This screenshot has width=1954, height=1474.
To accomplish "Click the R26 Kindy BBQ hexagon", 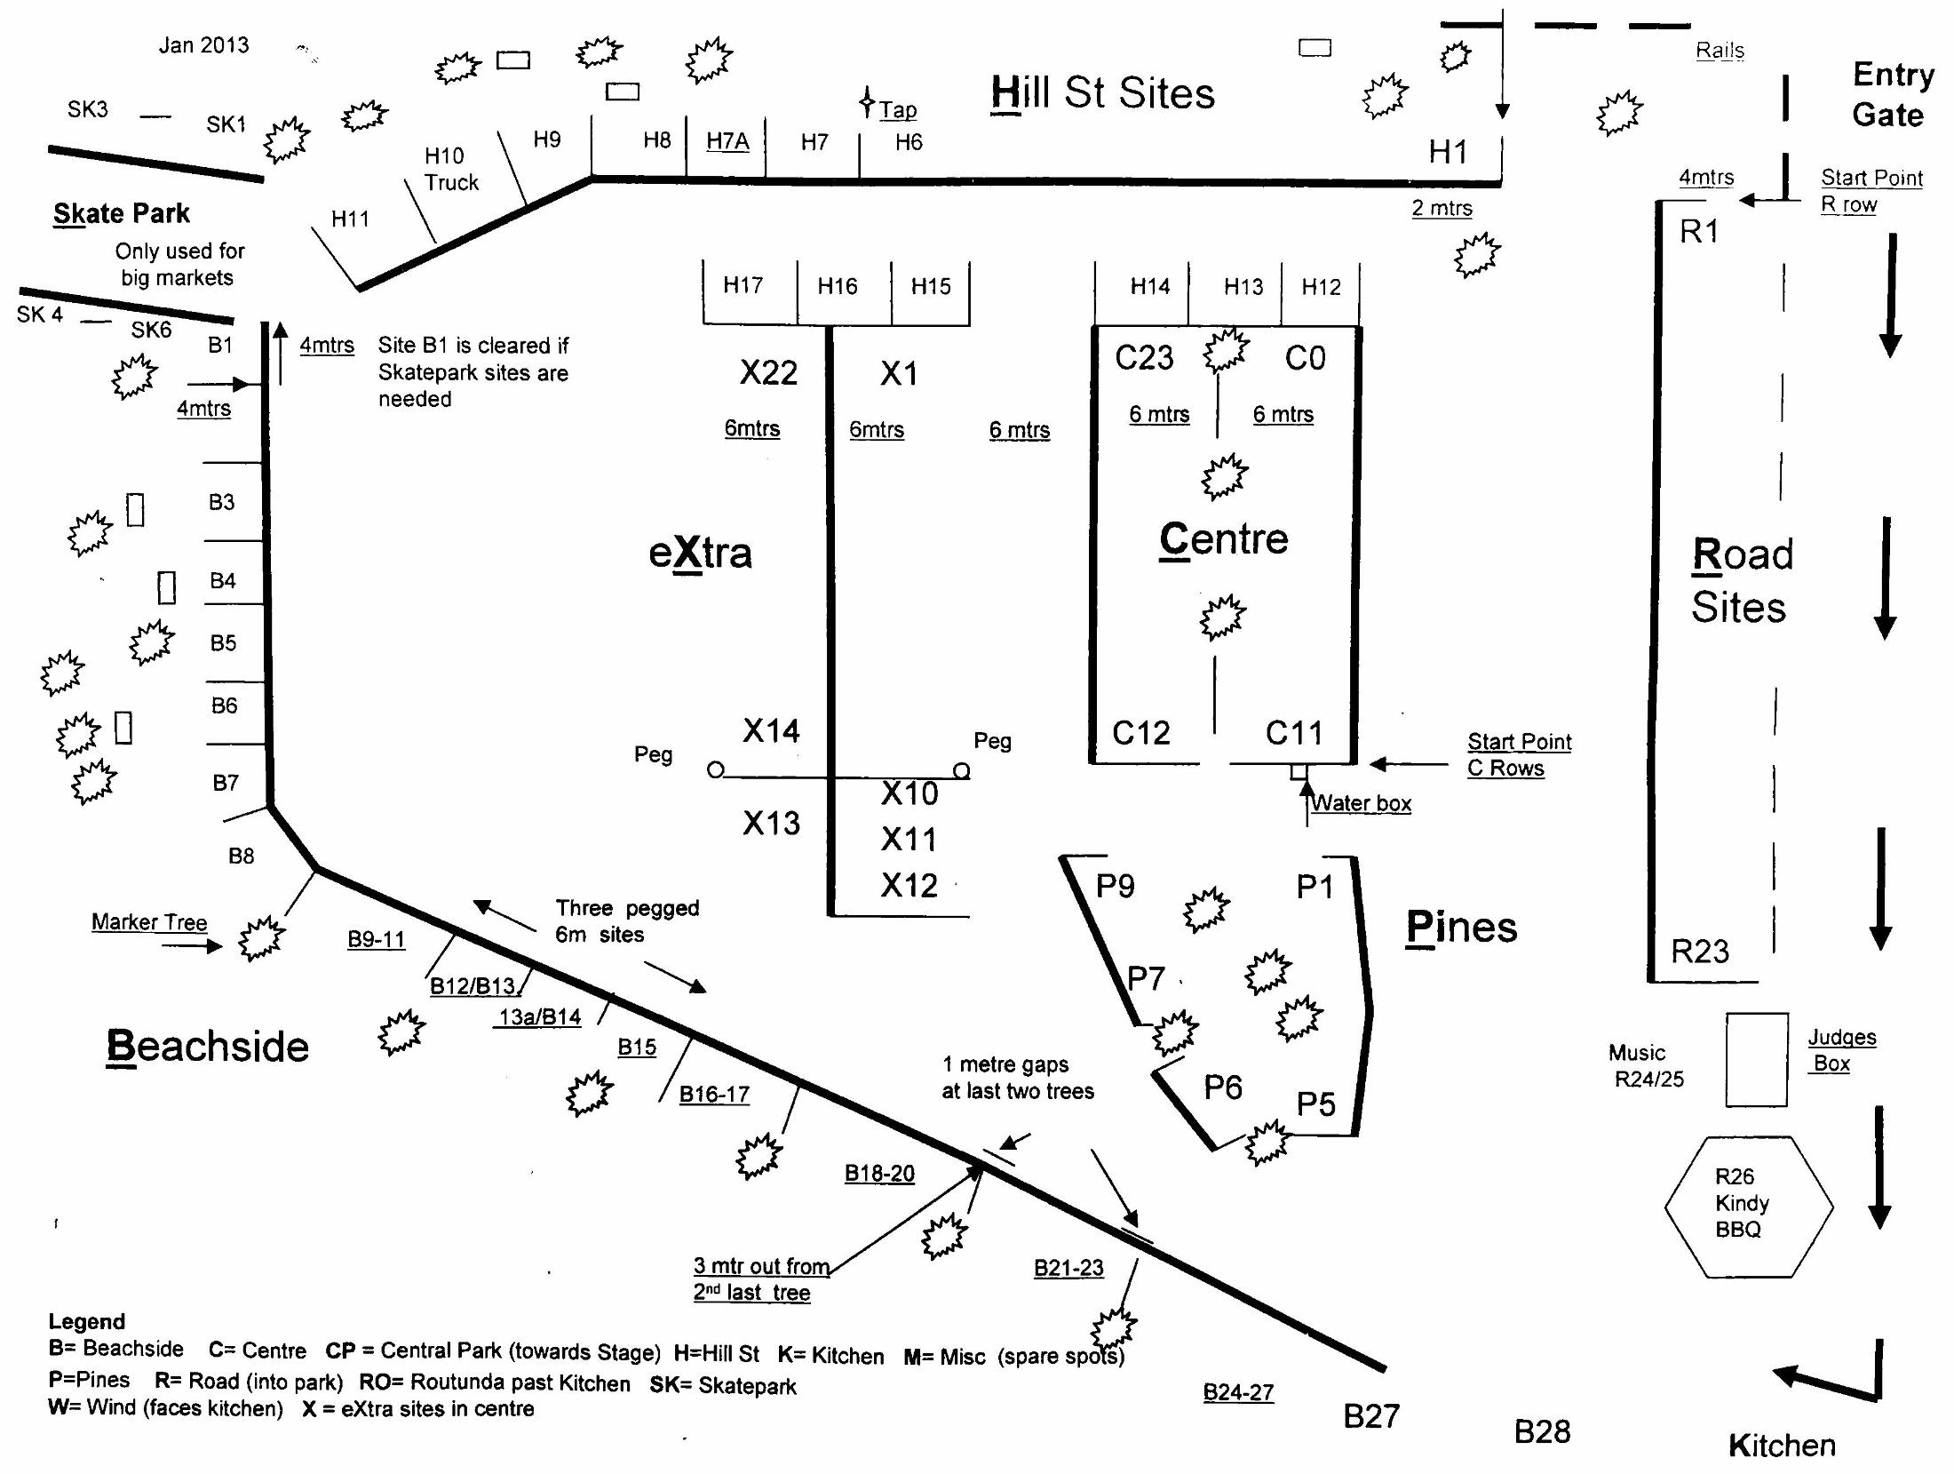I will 1747,1205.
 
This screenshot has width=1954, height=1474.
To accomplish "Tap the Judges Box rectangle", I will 1756,1059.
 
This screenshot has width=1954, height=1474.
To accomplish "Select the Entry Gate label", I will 1892,94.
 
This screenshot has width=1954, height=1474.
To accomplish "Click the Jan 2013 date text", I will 203,45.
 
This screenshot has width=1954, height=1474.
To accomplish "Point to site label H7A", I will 727,141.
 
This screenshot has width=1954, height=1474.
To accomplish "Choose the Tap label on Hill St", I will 897,110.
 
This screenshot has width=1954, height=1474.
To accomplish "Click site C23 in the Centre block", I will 1144,358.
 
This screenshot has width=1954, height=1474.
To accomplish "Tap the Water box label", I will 1361,803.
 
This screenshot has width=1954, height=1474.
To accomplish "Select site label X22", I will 768,373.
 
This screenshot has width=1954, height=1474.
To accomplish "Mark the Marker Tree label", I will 149,922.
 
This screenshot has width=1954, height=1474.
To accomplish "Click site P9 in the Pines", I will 1115,886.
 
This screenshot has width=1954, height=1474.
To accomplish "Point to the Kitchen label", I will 1782,1446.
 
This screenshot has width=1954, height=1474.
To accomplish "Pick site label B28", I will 1542,1431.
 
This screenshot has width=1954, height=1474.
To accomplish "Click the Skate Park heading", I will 122,213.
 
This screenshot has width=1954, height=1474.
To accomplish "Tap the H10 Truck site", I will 450,169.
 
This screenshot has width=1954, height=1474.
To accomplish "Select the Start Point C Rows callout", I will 1519,754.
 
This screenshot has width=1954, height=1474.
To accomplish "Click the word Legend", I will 86,1321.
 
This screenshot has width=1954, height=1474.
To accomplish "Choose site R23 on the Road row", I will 1700,952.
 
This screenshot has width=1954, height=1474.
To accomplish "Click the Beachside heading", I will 207,1047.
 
